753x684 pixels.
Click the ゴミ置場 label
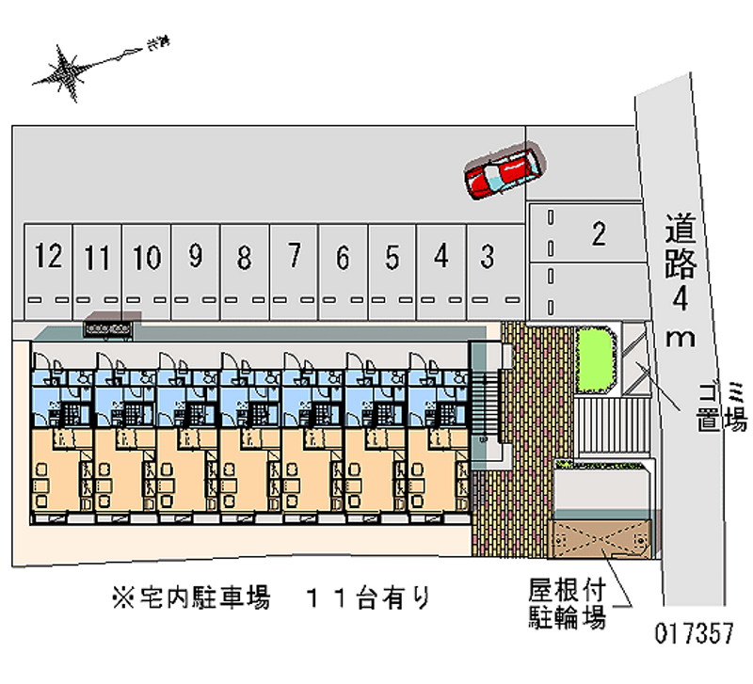719,406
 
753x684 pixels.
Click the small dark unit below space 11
109,326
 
